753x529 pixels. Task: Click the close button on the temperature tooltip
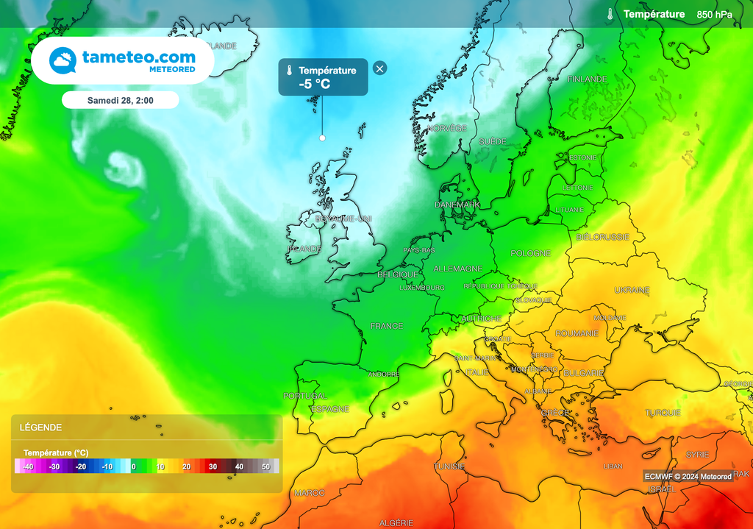[x=379, y=68]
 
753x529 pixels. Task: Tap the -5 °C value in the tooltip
[x=315, y=84]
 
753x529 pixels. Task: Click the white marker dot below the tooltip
[x=322, y=138]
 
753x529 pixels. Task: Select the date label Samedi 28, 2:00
[x=121, y=99]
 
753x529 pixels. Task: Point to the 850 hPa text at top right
[x=715, y=14]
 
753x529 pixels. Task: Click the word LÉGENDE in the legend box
[x=40, y=427]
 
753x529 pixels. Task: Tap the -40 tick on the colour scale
[x=28, y=466]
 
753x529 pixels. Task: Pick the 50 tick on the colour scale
[x=265, y=466]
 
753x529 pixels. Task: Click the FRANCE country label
[x=387, y=326]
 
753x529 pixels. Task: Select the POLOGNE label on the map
[x=531, y=253]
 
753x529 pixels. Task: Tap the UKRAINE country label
[x=632, y=290]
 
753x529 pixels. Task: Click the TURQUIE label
[x=662, y=413]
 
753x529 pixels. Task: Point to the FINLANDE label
[x=588, y=79]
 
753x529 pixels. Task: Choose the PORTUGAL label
[x=304, y=396]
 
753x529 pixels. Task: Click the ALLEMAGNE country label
[x=458, y=269]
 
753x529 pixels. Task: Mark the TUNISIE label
[x=449, y=466]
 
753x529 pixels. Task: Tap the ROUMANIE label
[x=577, y=333]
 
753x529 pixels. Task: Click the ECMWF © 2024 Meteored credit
[x=688, y=477]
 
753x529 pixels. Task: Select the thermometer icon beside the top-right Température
[x=610, y=14]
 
